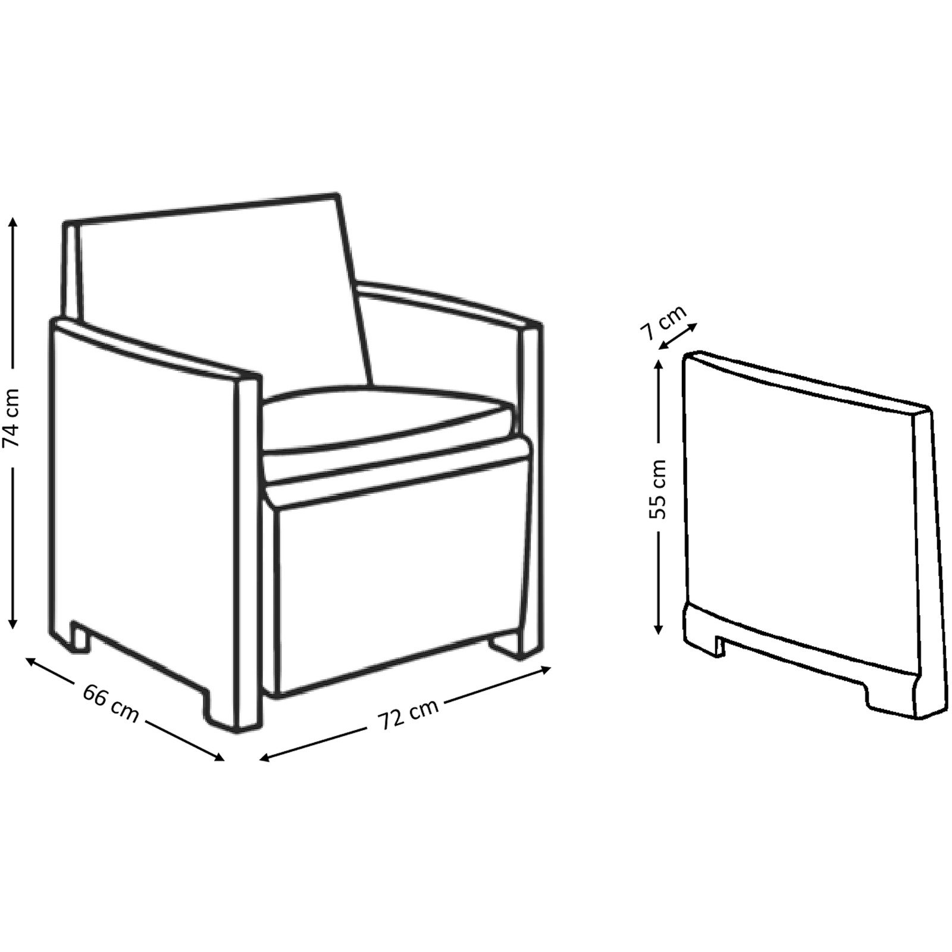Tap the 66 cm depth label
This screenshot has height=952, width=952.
[x=111, y=704]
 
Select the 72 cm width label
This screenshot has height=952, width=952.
[x=408, y=714]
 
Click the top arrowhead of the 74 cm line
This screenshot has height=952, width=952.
[x=12, y=223]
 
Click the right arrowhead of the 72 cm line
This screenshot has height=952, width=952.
[x=544, y=671]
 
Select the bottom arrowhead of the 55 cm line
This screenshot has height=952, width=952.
[x=658, y=628]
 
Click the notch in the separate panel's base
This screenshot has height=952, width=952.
[x=720, y=646]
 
